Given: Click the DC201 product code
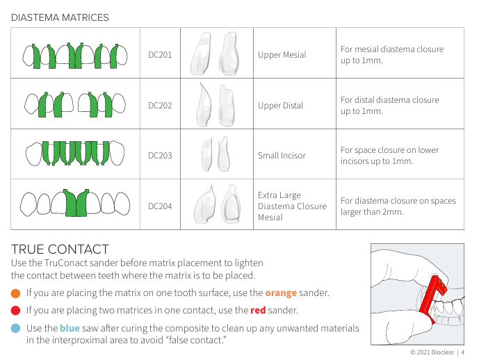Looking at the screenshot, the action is point(160,55).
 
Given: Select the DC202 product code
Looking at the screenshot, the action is point(160,106).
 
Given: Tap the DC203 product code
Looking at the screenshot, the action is point(160,156).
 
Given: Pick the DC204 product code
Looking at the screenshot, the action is point(160,206).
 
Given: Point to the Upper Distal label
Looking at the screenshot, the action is point(280,106).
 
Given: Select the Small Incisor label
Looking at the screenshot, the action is point(282,156).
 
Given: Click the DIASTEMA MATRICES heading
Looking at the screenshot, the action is point(60,17).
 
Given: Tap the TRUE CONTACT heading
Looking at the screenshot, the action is point(60,249).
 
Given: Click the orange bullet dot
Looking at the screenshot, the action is point(15,293).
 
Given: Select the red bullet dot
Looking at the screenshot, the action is point(15,311).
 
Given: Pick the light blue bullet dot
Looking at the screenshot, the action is point(15,328).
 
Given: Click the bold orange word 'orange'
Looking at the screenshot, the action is point(281,293).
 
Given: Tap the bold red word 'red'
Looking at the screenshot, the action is point(258,310).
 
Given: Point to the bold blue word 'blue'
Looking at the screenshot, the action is point(70,328).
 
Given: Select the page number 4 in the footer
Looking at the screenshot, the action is point(462,352).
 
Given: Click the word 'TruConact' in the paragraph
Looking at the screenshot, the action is point(63,263).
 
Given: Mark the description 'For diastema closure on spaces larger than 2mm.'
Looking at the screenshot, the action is point(398,206).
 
